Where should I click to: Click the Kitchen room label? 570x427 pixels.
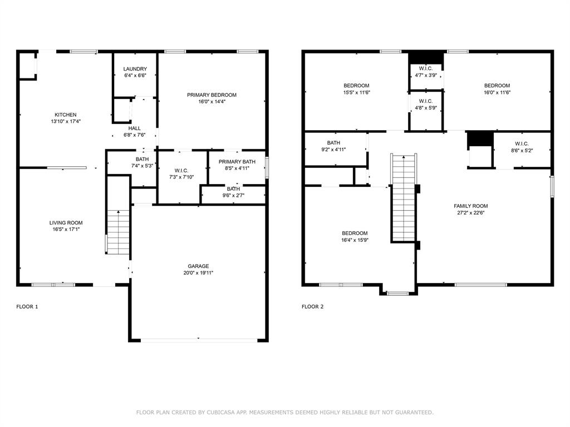(x=66, y=115)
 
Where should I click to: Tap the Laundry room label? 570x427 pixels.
(x=135, y=69)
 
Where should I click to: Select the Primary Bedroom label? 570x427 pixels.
(x=212, y=95)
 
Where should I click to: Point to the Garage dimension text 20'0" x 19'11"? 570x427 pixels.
(x=199, y=272)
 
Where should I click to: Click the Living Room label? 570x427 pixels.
(x=66, y=223)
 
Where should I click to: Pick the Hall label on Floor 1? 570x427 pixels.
(x=135, y=128)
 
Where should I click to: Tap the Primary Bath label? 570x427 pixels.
(x=237, y=162)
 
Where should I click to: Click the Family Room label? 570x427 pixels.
(x=471, y=206)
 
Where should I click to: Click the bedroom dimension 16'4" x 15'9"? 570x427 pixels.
(x=355, y=240)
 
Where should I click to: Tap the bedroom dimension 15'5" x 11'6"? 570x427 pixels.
(x=357, y=93)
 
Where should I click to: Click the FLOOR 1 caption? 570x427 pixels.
(x=27, y=307)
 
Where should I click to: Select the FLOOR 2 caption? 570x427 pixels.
(x=313, y=307)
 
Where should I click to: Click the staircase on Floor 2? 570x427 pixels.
(x=404, y=198)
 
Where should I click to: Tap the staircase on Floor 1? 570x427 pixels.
(x=118, y=232)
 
